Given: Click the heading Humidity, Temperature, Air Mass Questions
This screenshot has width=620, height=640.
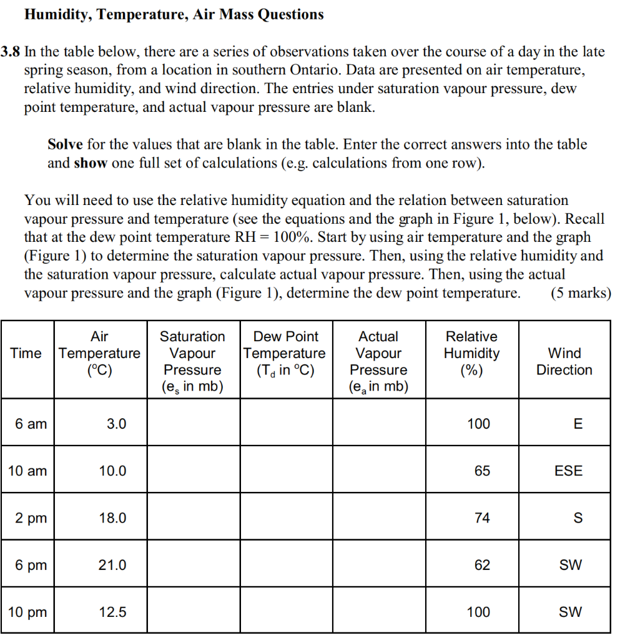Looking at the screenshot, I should click(174, 14).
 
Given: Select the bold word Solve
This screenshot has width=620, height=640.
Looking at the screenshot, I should click(65, 144).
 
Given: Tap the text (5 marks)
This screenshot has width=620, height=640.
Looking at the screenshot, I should click(580, 293).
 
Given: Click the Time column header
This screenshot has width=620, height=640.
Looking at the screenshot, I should click(26, 353).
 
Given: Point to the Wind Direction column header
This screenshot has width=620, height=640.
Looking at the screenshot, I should click(564, 361).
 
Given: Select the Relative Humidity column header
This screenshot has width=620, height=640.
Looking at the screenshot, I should click(471, 353).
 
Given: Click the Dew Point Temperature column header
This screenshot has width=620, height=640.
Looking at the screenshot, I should click(285, 353).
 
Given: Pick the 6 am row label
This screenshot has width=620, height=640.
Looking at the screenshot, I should click(31, 424).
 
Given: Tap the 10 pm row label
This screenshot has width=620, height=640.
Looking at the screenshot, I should click(27, 612).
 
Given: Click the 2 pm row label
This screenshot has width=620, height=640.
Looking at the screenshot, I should click(31, 518).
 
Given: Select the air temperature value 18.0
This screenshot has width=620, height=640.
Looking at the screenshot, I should click(112, 518).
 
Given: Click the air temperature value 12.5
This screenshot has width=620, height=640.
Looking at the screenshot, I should click(112, 612).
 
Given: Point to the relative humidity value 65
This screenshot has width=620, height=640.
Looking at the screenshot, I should click(482, 471).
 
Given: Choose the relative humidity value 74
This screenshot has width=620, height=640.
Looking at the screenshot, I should click(482, 518).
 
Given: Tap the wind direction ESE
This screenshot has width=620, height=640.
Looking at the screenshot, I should click(568, 471).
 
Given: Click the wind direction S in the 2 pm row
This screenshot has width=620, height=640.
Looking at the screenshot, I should click(578, 518).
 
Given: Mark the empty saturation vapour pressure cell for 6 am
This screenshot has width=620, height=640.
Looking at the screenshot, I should click(194, 424).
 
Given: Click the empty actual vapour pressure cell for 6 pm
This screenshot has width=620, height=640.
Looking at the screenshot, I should click(378, 565).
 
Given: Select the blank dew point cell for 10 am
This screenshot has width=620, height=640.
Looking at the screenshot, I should click(285, 471).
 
